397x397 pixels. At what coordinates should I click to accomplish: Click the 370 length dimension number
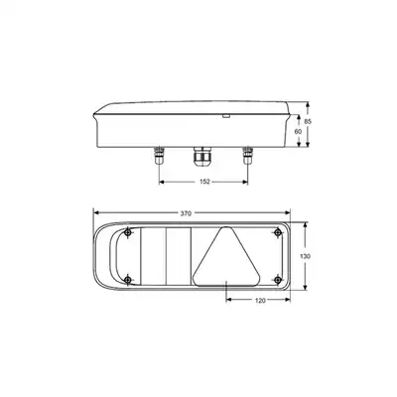pos(186,213)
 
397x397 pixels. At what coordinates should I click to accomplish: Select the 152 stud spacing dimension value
pos(205,182)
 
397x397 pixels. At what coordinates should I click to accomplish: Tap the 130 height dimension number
pos(305,256)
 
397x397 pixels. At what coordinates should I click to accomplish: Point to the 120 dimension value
pos(261,301)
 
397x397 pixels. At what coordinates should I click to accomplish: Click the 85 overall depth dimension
pos(308,122)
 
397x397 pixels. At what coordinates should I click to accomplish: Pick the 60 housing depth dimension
pos(298,131)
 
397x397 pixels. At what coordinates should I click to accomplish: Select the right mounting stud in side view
pos(247,155)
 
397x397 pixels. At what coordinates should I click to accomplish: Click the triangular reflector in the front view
pos(226,261)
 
